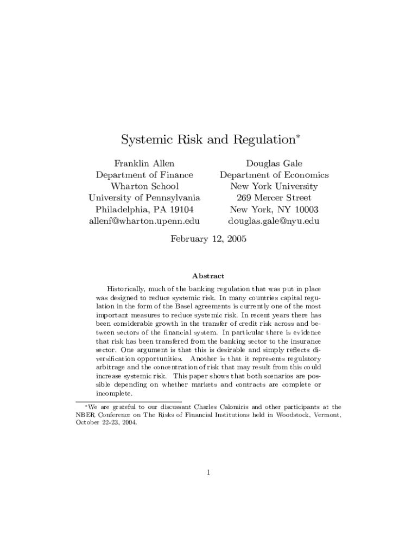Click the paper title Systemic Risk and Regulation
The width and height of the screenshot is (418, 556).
pyautogui.click(x=208, y=140)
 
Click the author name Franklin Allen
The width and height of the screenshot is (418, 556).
pyautogui.click(x=144, y=163)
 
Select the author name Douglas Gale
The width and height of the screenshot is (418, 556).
pyautogui.click(x=274, y=163)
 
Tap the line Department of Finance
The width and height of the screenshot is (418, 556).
pyautogui.click(x=144, y=175)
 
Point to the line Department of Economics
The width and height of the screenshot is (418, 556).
pyautogui.click(x=274, y=175)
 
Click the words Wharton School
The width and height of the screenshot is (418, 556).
pyautogui.click(x=144, y=186)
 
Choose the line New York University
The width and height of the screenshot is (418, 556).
pyautogui.click(x=274, y=186)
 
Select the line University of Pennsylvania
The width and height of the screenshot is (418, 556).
pyautogui.click(x=144, y=198)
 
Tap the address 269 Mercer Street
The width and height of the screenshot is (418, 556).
pyautogui.click(x=274, y=198)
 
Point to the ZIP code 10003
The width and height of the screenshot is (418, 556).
pyautogui.click(x=305, y=210)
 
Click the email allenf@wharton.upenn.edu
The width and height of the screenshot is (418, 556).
pyautogui.click(x=144, y=221)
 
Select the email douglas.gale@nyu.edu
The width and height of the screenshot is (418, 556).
pyautogui.click(x=274, y=221)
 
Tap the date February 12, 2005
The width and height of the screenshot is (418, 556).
pyautogui.click(x=208, y=238)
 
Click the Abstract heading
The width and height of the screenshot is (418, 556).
pyautogui.click(x=208, y=276)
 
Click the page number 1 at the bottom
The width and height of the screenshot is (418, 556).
pyautogui.click(x=208, y=472)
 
